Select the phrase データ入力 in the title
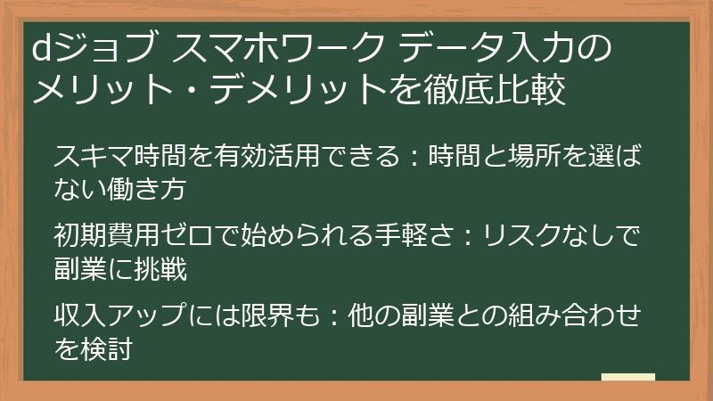point(485,48)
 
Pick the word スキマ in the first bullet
point(94,156)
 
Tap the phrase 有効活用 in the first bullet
point(266,156)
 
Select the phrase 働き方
point(146,189)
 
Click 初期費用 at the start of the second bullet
point(107,236)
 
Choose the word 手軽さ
point(414,236)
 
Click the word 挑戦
point(160,269)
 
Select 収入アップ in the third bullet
point(119,315)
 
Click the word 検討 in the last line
point(107,348)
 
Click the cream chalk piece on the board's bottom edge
point(628,377)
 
